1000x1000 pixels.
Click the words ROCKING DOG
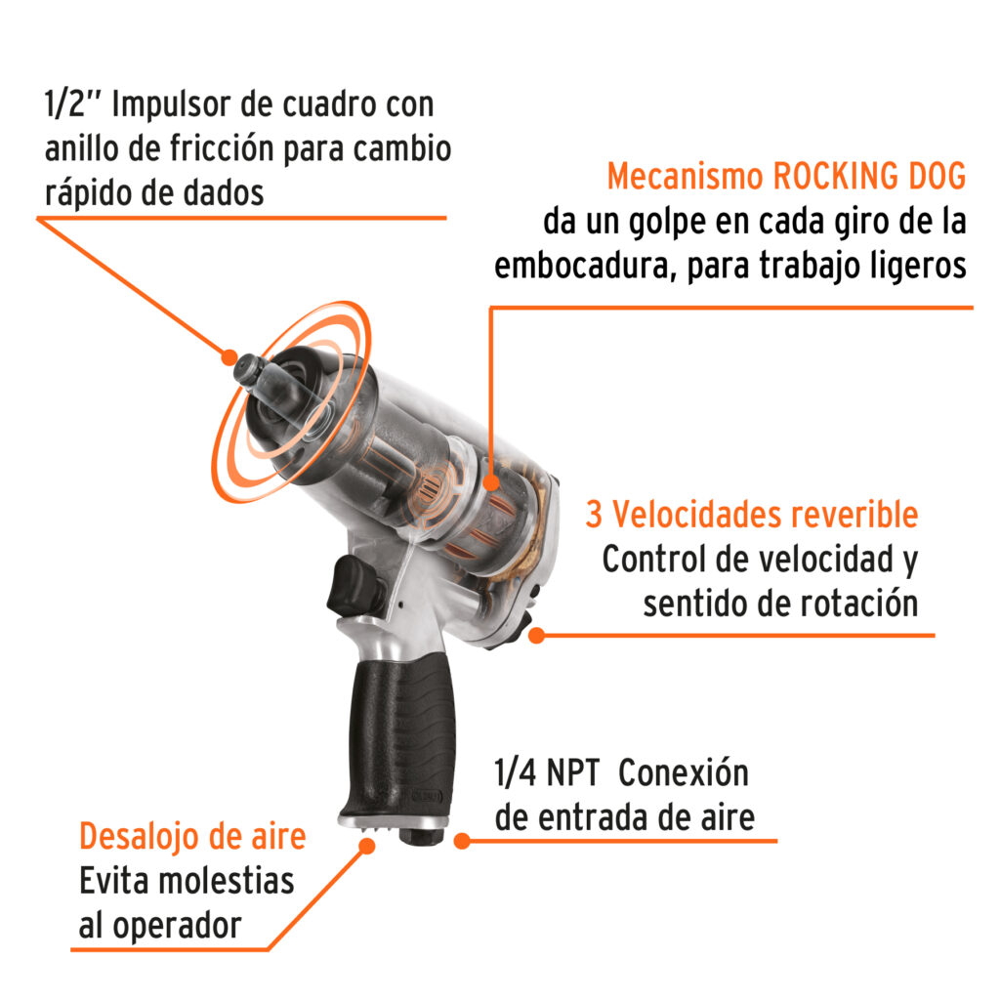click(869, 176)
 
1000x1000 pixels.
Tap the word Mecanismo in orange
click(685, 176)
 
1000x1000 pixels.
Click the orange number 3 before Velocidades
click(594, 515)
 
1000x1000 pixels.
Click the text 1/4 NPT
click(547, 773)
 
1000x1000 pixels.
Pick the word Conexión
click(684, 772)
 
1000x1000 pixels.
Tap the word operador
click(178, 926)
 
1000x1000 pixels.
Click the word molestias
click(227, 882)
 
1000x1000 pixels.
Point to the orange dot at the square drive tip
click(229, 357)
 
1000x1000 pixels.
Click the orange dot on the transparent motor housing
click(490, 482)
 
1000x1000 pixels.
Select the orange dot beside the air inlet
click(462, 841)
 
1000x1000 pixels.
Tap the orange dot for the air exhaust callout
click(367, 846)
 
